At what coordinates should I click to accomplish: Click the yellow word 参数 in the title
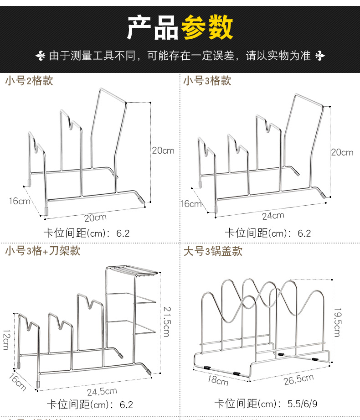pyautogui.click(x=207, y=28)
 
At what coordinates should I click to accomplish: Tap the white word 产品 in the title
pyautogui.click(x=152, y=28)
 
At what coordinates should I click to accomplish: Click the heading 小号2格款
pyautogui.click(x=29, y=81)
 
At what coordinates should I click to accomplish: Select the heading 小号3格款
pyautogui.click(x=207, y=81)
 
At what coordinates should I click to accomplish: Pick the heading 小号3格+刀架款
pyautogui.click(x=43, y=251)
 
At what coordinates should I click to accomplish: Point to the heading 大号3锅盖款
pyautogui.click(x=213, y=251)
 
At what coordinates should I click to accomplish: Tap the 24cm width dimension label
pyautogui.click(x=273, y=215)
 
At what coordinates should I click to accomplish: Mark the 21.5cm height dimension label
pyautogui.click(x=166, y=321)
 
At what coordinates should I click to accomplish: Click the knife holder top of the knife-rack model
pyautogui.click(x=132, y=273)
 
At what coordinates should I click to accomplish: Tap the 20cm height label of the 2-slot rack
pyautogui.click(x=163, y=150)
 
